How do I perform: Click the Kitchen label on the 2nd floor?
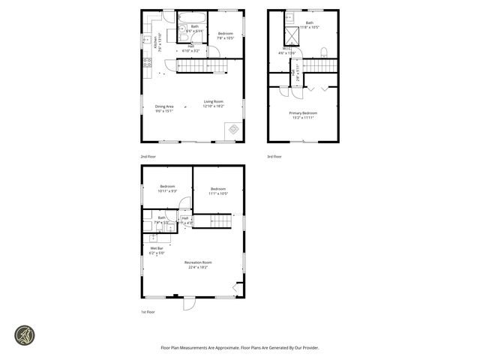coord(156,43)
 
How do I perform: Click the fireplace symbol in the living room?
coord(233,130)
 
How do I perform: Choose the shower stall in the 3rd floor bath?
coord(287,35)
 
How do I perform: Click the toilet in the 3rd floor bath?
coord(323,52)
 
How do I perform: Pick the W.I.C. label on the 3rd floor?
coord(286,51)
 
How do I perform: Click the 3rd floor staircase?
coord(319,66)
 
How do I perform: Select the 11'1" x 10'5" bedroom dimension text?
coord(218,193)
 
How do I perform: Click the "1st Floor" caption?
coord(148,311)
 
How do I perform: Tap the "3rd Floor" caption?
coord(274,157)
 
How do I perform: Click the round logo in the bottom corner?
coord(25,335)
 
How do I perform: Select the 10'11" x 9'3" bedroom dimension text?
coord(166,190)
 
